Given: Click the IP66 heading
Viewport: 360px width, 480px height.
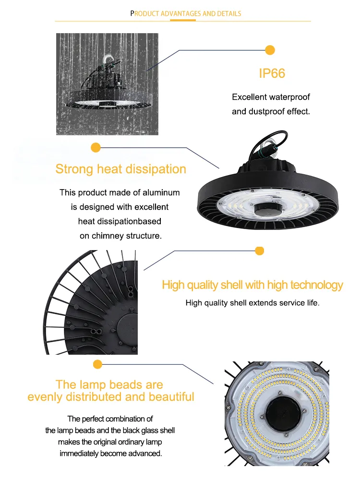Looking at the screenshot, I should (x=272, y=73).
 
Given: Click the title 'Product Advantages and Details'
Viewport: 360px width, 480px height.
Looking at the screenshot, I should (x=186, y=13).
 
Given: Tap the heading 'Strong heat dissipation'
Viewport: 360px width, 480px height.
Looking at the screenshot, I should (x=120, y=169).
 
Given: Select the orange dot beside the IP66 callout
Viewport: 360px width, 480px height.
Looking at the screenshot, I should (x=270, y=49).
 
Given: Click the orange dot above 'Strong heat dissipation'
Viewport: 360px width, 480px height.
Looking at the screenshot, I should (x=96, y=147).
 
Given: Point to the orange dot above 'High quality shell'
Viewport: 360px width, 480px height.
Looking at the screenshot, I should (x=260, y=251).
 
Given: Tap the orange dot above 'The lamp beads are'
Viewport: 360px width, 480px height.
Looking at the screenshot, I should (x=98, y=364).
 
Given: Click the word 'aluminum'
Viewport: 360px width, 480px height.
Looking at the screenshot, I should (x=163, y=192).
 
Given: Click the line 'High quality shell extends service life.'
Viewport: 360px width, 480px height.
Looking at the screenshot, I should (x=252, y=303).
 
